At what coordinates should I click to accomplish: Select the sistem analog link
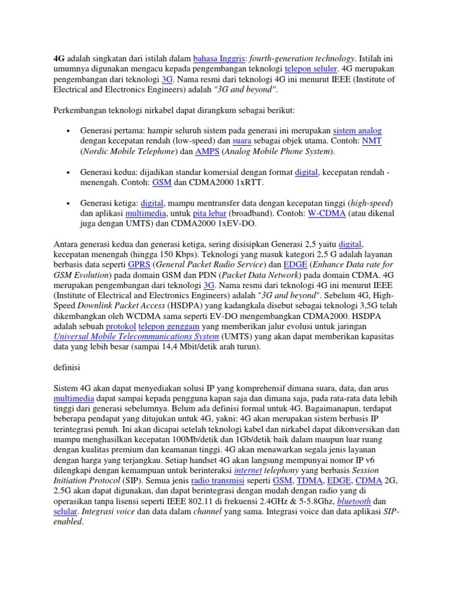[357, 131]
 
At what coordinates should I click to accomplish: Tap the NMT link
[372, 141]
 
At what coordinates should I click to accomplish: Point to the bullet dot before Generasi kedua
[69, 172]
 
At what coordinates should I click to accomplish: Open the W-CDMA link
[326, 213]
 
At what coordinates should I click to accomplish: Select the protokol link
[121, 327]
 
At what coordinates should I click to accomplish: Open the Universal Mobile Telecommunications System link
[136, 337]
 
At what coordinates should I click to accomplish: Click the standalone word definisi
[68, 369]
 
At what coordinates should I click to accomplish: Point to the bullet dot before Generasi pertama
[69, 131]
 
